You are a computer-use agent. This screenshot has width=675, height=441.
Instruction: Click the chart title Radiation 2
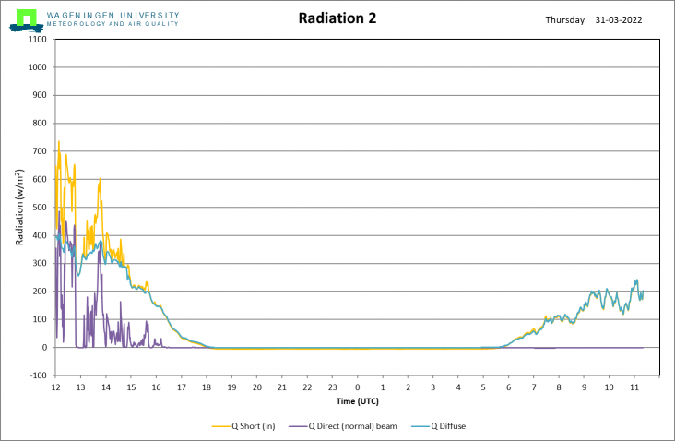point(337,18)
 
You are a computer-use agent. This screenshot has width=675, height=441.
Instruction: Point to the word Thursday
point(564,19)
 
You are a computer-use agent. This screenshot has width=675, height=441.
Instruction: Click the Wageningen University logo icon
point(26,18)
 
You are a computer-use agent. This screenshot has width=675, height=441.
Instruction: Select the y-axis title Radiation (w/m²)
point(19,208)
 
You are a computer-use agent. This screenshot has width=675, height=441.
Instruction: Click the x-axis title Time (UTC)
point(357,401)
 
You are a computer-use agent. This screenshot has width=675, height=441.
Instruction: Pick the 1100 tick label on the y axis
point(38,39)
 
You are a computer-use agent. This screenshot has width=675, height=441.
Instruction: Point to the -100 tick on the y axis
point(38,375)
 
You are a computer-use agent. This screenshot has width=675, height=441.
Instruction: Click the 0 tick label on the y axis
point(44,348)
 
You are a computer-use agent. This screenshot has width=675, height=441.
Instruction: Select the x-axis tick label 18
point(207,387)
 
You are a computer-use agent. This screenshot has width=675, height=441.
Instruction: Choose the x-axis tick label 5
point(482,387)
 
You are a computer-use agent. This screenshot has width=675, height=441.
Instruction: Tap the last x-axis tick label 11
point(633,387)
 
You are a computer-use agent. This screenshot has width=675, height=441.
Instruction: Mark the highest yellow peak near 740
point(59,141)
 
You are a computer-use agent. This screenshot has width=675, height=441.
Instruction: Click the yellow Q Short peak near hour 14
point(100,178)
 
